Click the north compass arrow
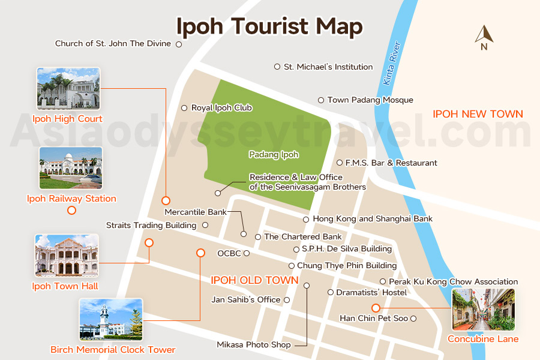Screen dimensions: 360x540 click(484, 35)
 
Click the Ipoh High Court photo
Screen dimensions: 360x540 click(68, 89)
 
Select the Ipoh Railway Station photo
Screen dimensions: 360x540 click(70, 168)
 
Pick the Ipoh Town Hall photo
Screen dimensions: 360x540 click(66, 256)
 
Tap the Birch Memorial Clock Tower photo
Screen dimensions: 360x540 click(111, 320)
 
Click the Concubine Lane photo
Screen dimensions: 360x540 click(483, 310)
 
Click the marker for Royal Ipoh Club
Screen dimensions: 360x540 click(184, 108)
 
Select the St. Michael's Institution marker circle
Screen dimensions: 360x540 click(277, 67)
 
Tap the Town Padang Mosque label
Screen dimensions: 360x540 click(370, 100)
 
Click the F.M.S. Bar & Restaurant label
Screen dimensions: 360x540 click(391, 163)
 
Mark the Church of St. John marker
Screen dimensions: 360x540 click(178, 44)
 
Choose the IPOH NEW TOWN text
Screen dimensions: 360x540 click(478, 114)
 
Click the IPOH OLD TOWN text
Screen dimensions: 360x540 click(254, 280)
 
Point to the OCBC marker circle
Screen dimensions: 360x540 click(246, 253)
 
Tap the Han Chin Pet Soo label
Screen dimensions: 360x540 click(373, 318)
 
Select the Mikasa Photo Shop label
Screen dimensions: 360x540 click(253, 345)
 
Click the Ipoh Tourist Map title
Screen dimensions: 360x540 click(269, 27)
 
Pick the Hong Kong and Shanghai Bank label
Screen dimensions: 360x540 click(372, 219)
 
